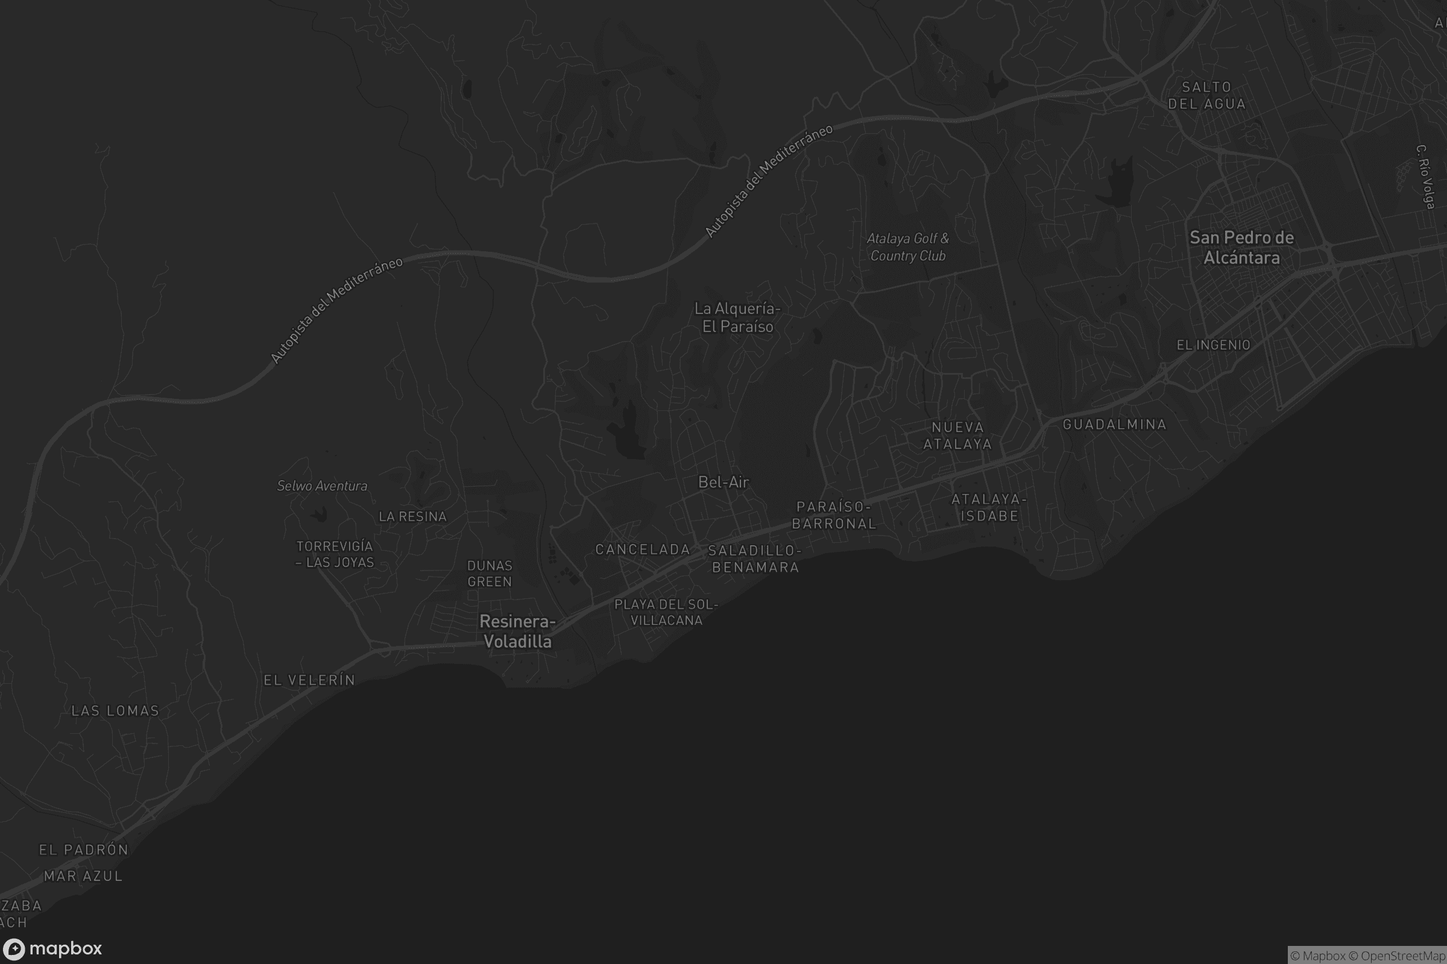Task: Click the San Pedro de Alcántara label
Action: click(1241, 247)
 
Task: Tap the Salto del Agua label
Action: click(1206, 95)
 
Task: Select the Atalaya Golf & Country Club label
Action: click(907, 246)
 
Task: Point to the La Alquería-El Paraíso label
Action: click(737, 318)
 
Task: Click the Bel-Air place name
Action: click(723, 482)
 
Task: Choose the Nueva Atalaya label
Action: click(957, 435)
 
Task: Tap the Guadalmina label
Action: click(1114, 424)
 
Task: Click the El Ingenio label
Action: click(1213, 345)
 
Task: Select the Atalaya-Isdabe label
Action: click(989, 507)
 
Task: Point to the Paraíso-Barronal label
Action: click(834, 515)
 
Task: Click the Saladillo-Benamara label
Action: click(755, 559)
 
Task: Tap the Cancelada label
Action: click(642, 549)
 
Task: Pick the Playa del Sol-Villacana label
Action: click(666, 612)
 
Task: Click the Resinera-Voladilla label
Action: click(517, 631)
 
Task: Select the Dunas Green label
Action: click(490, 574)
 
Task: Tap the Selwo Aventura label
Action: click(322, 486)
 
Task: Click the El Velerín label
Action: click(309, 680)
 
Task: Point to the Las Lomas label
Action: click(115, 711)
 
